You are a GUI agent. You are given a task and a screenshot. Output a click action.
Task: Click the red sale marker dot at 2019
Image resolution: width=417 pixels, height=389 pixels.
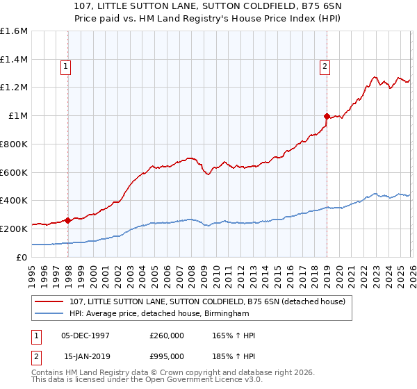click(327, 116)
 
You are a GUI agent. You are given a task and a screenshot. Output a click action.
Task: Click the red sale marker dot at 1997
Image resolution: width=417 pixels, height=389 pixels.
click(68, 220)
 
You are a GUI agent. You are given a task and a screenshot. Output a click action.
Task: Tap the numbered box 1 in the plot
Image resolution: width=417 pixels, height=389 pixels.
click(65, 67)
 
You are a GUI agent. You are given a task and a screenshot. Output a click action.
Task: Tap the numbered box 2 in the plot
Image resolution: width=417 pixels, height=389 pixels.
click(325, 67)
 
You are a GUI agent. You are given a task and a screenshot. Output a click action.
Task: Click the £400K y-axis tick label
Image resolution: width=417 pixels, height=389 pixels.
click(14, 201)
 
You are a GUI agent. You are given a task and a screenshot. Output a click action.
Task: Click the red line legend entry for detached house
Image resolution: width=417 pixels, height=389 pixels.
click(211, 301)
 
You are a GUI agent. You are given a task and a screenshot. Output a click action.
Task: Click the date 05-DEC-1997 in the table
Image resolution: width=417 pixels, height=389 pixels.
click(85, 336)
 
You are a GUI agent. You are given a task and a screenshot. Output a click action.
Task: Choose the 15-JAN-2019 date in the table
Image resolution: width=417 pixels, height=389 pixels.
click(85, 356)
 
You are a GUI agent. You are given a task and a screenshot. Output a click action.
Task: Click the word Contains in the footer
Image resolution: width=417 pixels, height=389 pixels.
click(48, 373)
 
